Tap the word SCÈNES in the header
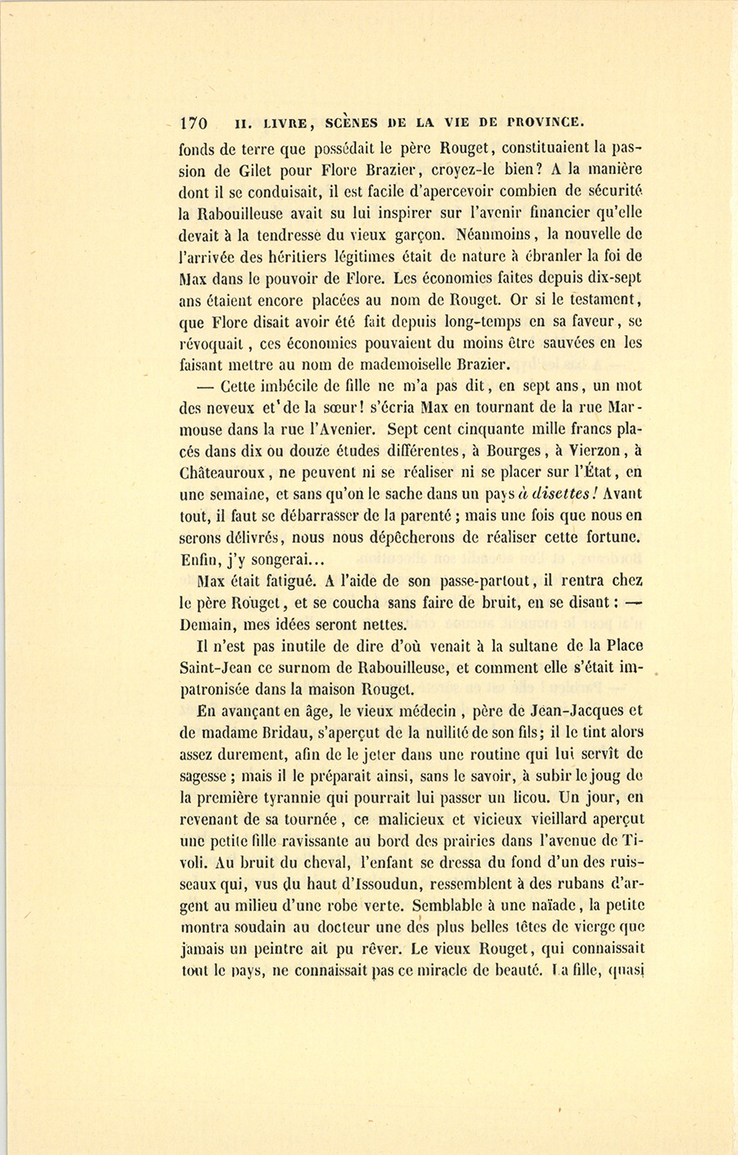pyautogui.click(x=352, y=123)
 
